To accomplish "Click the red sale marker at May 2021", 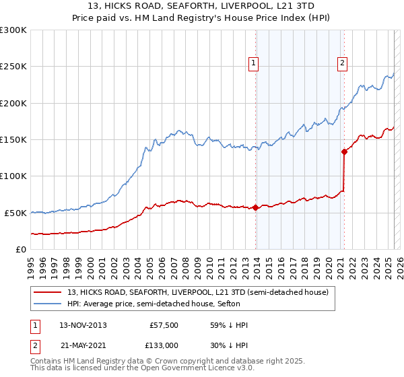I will pyautogui.click(x=344, y=151).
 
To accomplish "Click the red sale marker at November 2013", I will pyautogui.click(x=256, y=207).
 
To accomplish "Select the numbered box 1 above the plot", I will pyautogui.click(x=254, y=64).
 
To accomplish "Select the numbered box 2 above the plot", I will pyautogui.click(x=342, y=64).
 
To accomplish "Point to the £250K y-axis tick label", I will pyautogui.click(x=13, y=67).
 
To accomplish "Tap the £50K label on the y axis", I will pyautogui.click(x=15, y=213).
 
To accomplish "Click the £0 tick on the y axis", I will pyautogui.click(x=22, y=249).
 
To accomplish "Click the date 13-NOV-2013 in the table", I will pyautogui.click(x=83, y=325).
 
